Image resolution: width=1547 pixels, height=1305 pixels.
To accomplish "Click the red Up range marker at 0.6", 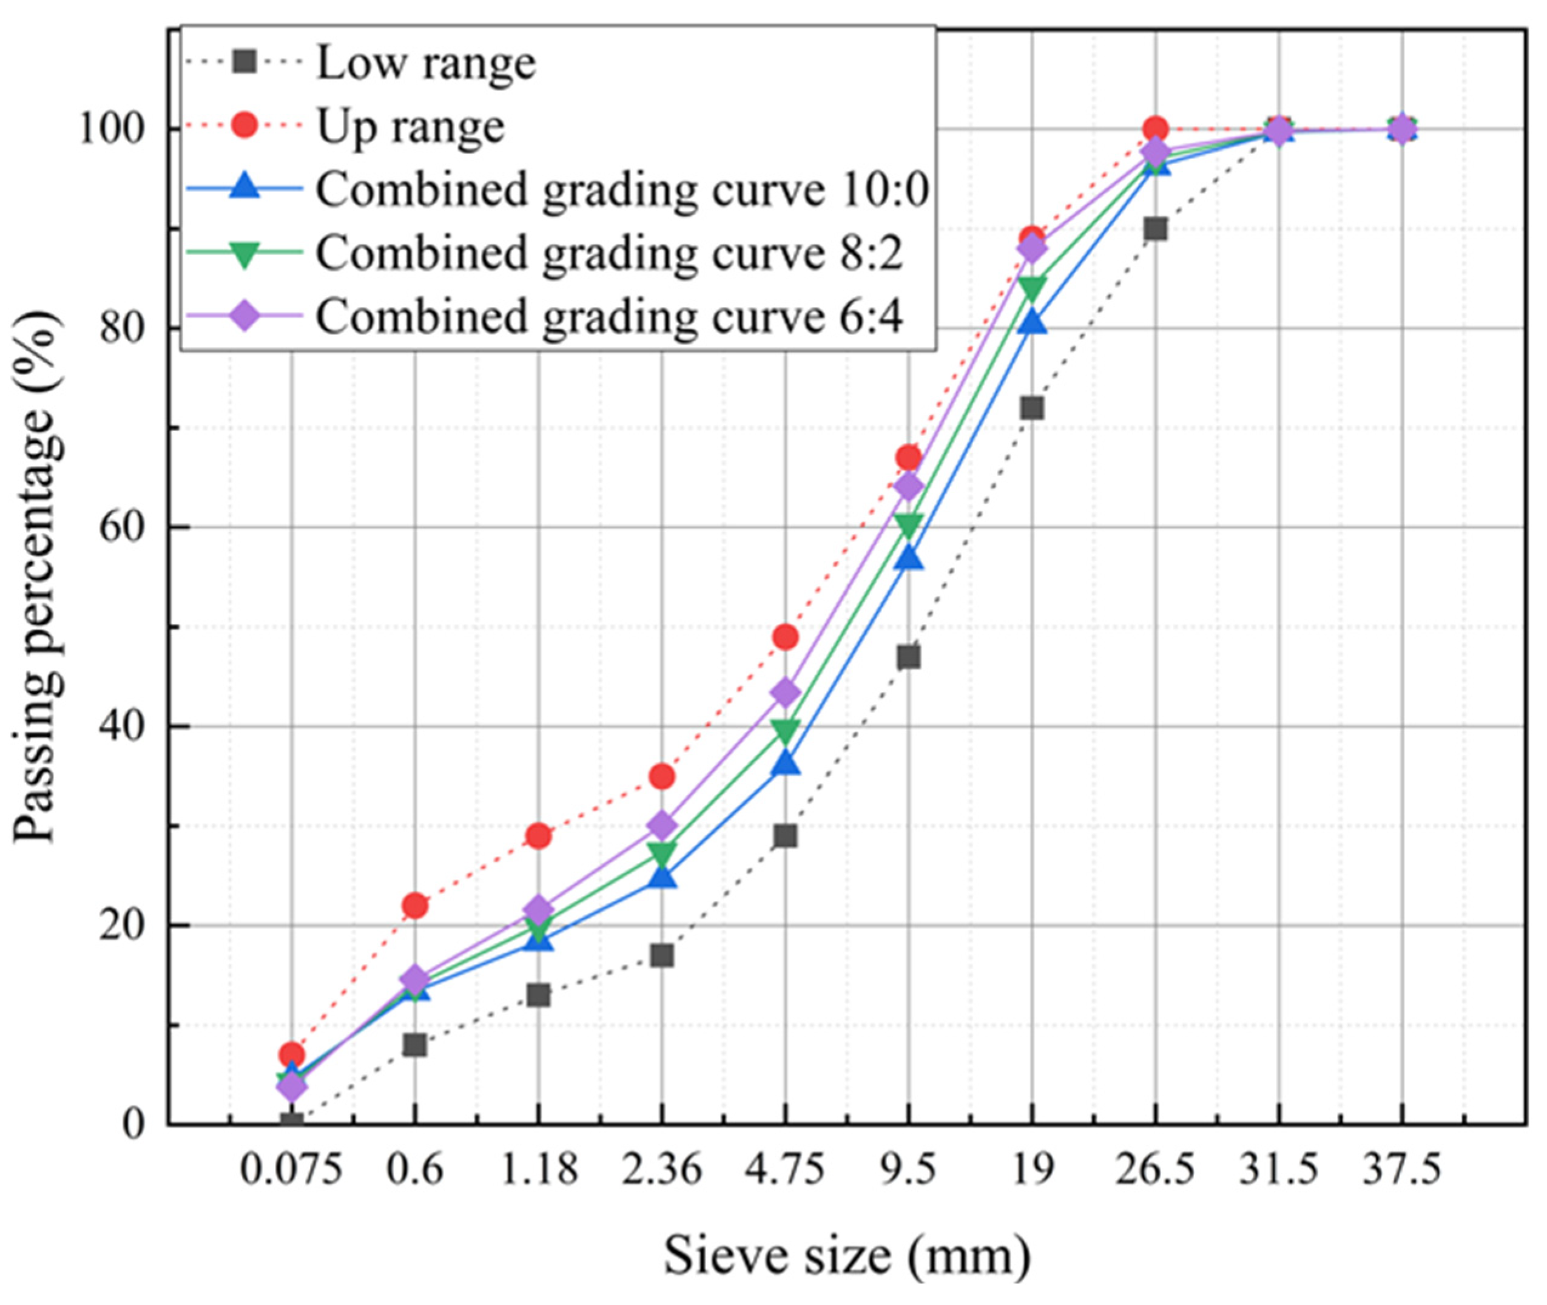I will (x=415, y=906).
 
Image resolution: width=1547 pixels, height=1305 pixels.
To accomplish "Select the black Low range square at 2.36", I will (x=662, y=956).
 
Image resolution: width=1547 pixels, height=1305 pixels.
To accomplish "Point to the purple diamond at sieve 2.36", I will (x=662, y=825).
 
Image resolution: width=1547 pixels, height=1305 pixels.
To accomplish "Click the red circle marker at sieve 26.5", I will (x=1155, y=129).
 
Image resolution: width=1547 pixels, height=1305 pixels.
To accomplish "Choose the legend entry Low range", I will (x=426, y=64).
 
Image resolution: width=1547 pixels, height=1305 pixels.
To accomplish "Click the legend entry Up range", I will (x=411, y=126).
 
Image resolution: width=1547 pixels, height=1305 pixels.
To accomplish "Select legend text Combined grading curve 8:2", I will (x=610, y=253).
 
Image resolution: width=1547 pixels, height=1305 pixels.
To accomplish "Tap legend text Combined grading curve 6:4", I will (x=610, y=316).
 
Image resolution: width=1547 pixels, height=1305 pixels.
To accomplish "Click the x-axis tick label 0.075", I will (x=291, y=1171).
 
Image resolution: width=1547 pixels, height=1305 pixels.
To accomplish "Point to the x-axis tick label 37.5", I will (x=1402, y=1171).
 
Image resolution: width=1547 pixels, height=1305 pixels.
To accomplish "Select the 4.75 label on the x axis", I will (x=786, y=1171).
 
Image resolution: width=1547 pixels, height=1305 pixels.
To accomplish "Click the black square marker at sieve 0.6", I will (x=415, y=1045).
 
